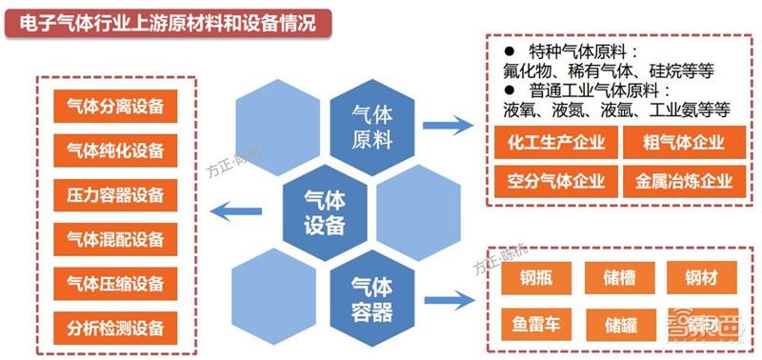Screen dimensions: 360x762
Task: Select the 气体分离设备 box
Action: [x=115, y=106]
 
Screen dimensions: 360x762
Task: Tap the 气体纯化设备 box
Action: [x=115, y=150]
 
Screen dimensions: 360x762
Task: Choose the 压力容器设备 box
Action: [x=115, y=194]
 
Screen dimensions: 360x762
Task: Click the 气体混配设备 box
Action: [x=115, y=238]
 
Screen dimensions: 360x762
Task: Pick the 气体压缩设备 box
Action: [x=115, y=283]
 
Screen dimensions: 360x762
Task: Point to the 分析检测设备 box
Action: [x=115, y=328]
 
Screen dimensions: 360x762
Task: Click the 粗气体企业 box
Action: [x=679, y=144]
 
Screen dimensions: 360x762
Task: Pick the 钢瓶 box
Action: [x=532, y=278]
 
